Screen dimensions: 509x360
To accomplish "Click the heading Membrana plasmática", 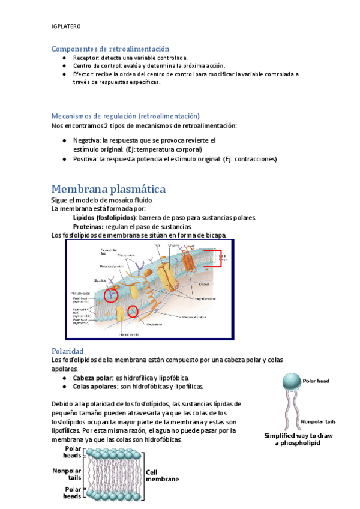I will [x=108, y=189].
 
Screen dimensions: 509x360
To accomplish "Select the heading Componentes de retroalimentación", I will [x=110, y=49].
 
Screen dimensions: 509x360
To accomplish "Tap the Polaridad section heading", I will [x=67, y=351].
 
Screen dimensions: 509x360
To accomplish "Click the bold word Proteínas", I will [x=88, y=227].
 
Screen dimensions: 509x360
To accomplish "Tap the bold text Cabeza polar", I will [x=92, y=378].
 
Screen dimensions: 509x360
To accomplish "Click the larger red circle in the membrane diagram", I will [x=111, y=295].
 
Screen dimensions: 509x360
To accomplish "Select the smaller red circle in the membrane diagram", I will [x=133, y=311].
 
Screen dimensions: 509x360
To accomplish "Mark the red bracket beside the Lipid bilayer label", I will [x=218, y=258].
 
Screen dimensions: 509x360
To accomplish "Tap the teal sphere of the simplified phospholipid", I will [x=291, y=381].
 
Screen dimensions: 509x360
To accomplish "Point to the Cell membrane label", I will [x=163, y=475].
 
